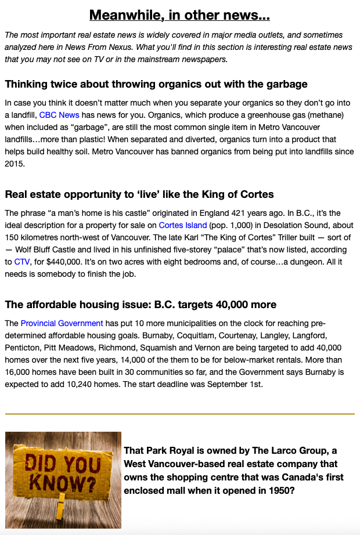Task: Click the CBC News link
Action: point(59,115)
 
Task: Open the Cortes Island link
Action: point(183,225)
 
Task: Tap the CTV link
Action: point(21,262)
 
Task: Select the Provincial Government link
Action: point(62,323)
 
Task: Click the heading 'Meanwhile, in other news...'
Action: point(179,15)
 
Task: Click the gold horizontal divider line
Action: point(179,414)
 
